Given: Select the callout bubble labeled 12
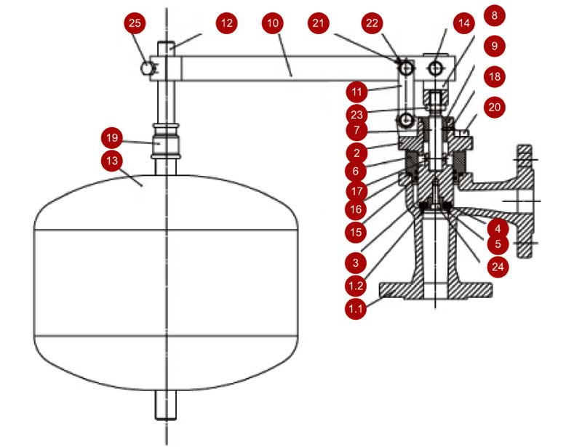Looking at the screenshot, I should click(227, 23).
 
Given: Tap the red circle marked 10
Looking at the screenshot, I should click(273, 23).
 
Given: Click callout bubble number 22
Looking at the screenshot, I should click(373, 23).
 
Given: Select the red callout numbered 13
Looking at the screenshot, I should click(111, 159).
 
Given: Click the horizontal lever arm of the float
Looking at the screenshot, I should click(291, 69).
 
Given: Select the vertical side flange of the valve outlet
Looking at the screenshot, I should click(526, 201).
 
